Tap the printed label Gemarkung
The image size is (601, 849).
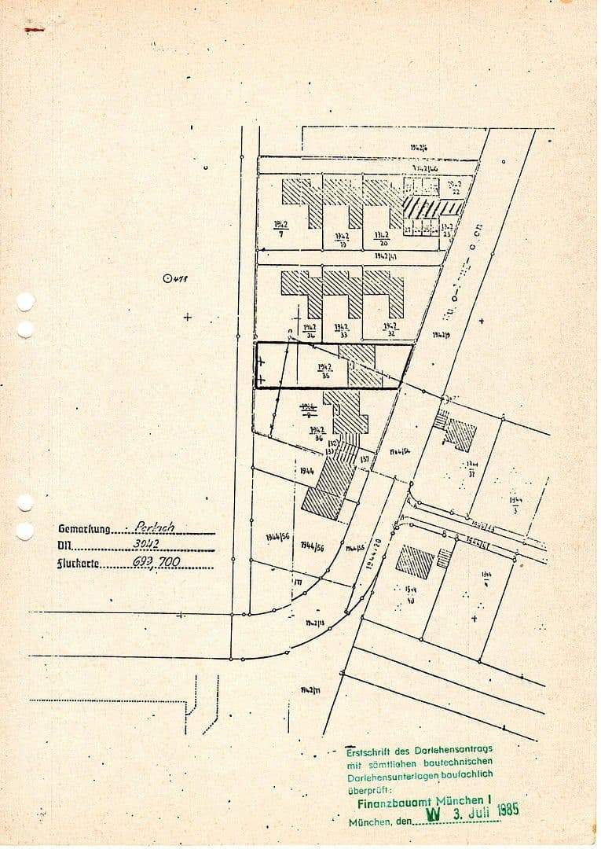[84, 529]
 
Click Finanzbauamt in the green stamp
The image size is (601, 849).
[387, 803]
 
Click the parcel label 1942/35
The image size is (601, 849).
[325, 371]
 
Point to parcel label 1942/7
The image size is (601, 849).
[280, 228]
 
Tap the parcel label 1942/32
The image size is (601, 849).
[390, 329]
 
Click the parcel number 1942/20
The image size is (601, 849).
[382, 238]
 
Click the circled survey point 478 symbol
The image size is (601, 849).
[167, 277]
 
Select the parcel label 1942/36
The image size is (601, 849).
[317, 433]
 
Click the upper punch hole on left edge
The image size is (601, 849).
[25, 302]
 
